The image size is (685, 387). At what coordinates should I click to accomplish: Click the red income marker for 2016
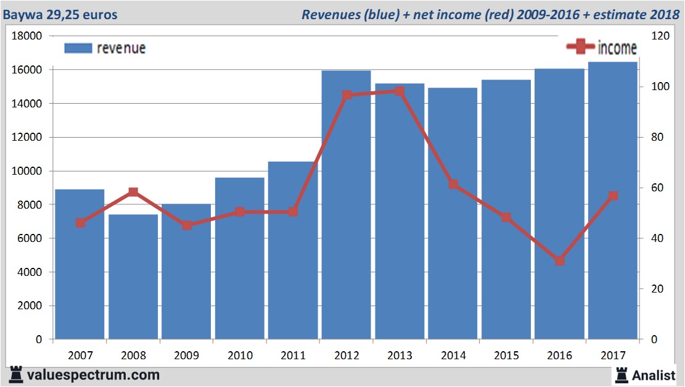click(x=559, y=260)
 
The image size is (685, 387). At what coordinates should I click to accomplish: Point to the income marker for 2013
click(x=400, y=91)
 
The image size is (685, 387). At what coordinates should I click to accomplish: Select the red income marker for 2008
click(x=133, y=192)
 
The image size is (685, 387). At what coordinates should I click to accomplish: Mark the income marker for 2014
click(x=453, y=184)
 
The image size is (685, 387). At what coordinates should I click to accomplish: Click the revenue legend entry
click(x=105, y=48)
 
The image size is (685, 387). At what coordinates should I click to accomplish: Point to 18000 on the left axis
click(x=27, y=36)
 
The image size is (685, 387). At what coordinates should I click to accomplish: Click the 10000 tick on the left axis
click(x=27, y=171)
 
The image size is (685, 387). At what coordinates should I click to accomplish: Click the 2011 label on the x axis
click(x=293, y=356)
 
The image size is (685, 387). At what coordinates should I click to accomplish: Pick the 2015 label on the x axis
click(x=506, y=356)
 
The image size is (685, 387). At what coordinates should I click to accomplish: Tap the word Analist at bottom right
click(x=654, y=375)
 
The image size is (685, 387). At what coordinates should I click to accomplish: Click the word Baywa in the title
click(x=22, y=14)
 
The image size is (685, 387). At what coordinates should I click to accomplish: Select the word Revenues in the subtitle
click(x=330, y=14)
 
